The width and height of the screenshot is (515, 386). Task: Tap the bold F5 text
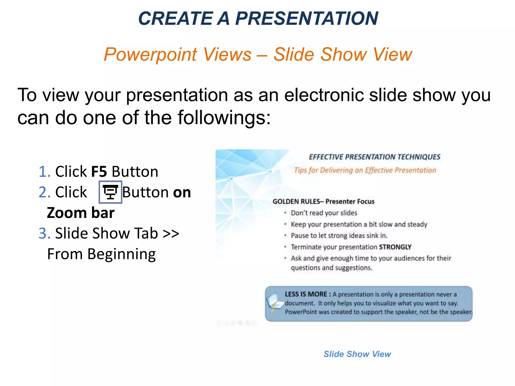click(99, 172)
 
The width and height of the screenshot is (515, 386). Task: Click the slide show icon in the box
click(110, 192)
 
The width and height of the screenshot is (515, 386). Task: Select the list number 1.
click(44, 172)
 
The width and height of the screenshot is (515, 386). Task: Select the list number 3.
click(44, 233)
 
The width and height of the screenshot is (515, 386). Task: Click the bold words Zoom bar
click(80, 213)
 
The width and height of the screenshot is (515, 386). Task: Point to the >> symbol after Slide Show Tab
click(171, 233)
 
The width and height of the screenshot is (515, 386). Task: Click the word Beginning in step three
click(121, 254)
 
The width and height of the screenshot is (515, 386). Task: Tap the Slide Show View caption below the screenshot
click(357, 354)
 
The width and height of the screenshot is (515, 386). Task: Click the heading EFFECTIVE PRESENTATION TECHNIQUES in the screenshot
click(374, 157)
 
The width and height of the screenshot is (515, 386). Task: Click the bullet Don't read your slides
click(324, 213)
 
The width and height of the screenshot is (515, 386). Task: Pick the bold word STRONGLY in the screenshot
click(395, 247)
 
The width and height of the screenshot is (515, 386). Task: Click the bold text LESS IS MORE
click(306, 294)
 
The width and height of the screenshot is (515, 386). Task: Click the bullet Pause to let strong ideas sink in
click(339, 236)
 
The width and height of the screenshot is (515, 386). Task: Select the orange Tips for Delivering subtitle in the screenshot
click(365, 170)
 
